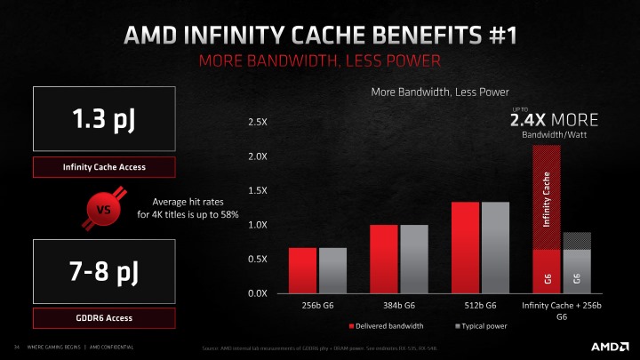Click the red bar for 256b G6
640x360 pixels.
point(303,270)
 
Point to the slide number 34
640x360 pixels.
point(15,346)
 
